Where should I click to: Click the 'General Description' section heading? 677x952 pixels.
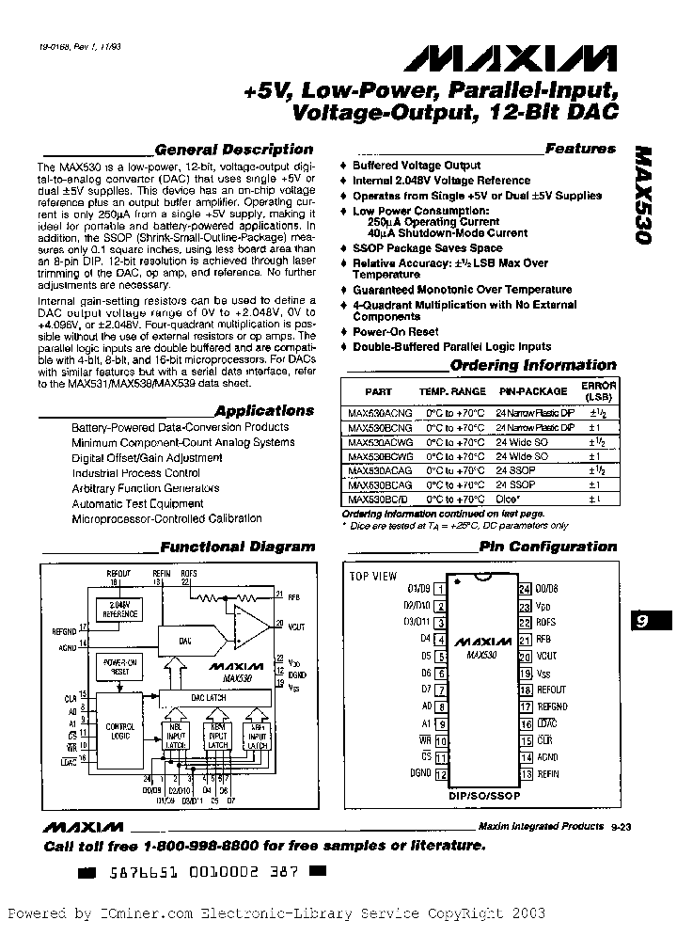coord(233,150)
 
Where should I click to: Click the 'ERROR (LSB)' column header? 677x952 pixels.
coord(598,390)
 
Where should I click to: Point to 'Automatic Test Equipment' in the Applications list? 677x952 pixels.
coord(137,503)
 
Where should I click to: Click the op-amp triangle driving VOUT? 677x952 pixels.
coord(248,624)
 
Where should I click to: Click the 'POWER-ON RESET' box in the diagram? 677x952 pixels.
coord(119,667)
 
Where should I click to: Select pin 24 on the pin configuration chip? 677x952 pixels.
coord(525,590)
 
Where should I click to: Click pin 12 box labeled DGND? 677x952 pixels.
coord(439,774)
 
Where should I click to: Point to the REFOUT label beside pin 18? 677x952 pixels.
coord(552,689)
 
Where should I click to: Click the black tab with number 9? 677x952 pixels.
coord(644,622)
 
